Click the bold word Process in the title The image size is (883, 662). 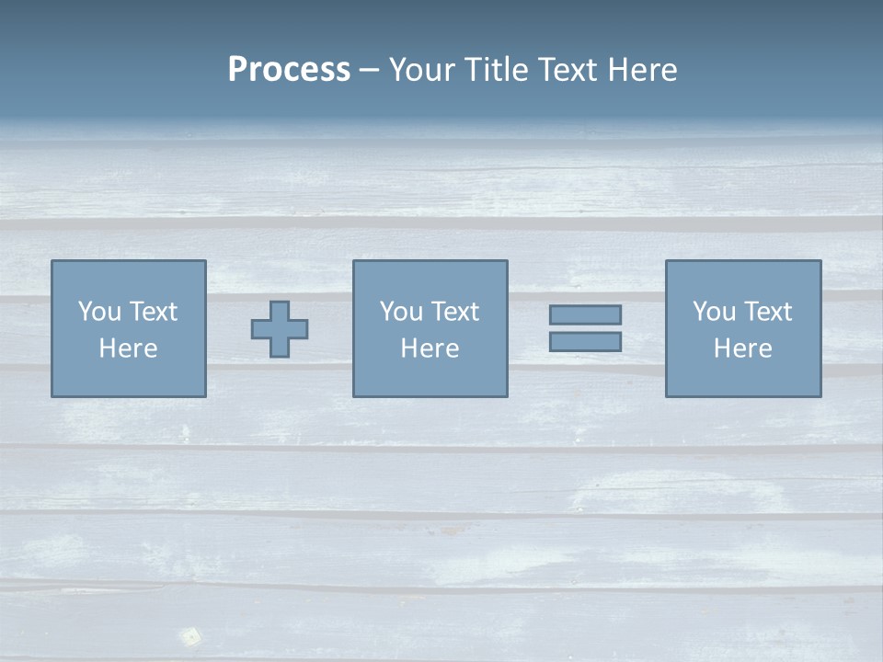(x=289, y=70)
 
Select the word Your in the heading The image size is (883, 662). (x=423, y=70)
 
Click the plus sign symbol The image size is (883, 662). (x=280, y=329)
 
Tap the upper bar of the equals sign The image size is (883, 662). (x=585, y=314)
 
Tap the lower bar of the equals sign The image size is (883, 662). (x=585, y=341)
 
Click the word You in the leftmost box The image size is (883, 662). (x=99, y=312)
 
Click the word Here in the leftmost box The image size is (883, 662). (x=129, y=348)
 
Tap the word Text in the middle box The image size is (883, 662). (x=454, y=312)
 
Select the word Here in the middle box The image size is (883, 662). (x=430, y=348)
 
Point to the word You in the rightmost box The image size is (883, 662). (x=714, y=312)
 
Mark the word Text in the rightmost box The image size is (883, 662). (x=767, y=312)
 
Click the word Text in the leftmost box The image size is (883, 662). (x=153, y=312)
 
